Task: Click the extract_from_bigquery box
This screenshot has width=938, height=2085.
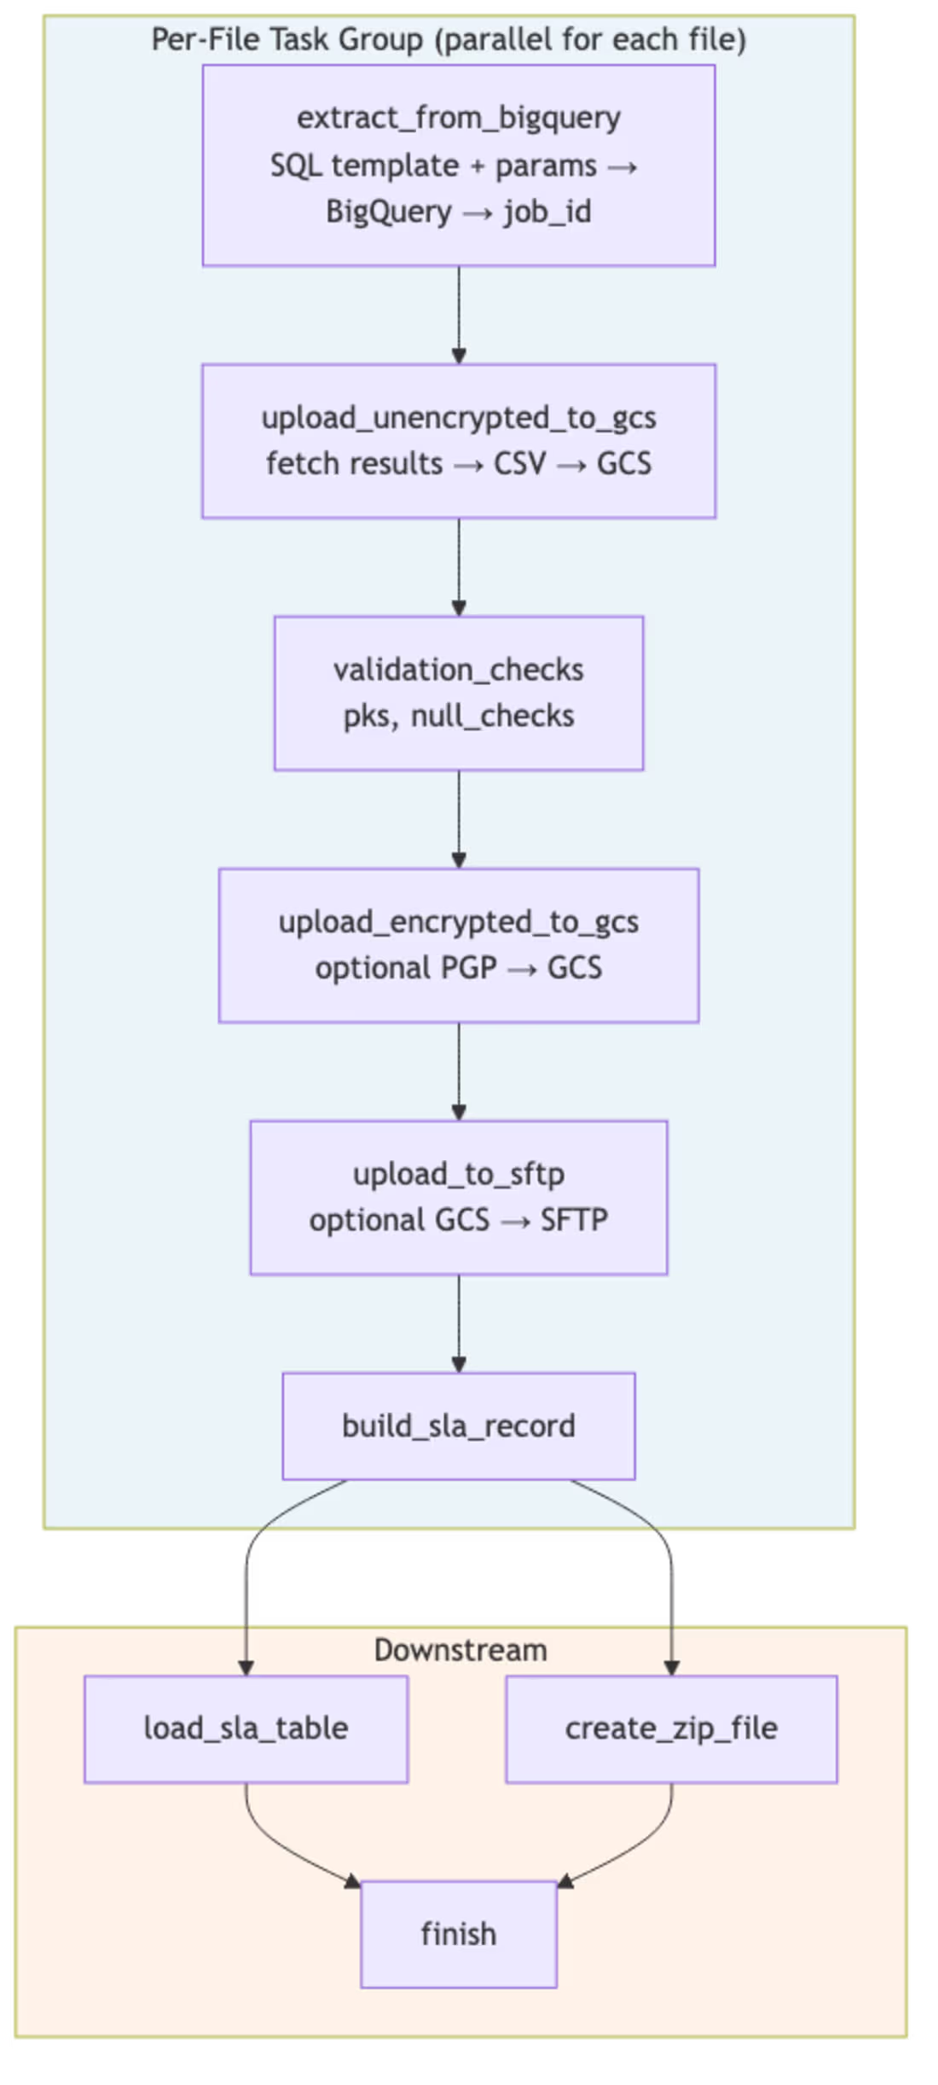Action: coord(459,166)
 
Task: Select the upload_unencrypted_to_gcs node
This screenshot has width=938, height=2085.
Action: coord(459,441)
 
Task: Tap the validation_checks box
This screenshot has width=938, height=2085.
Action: coord(459,693)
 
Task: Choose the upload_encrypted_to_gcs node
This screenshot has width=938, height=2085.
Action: coord(459,945)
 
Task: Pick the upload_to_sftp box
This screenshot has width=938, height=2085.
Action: coord(459,1197)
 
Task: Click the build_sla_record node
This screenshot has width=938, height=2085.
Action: coord(459,1426)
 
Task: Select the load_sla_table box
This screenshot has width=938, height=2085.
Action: coord(246,1729)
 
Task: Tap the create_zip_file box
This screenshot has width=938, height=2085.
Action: coord(671,1729)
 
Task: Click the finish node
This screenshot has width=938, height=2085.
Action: coord(459,1934)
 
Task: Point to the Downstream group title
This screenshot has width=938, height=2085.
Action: coord(460,1650)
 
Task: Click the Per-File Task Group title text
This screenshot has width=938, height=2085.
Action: coord(449,39)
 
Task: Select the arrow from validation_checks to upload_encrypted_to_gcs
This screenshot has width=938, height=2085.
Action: coord(459,819)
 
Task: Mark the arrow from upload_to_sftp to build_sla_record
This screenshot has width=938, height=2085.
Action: coord(459,1322)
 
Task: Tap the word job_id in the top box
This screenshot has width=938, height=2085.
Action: coord(547,212)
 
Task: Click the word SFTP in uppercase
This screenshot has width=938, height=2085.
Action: coord(574,1220)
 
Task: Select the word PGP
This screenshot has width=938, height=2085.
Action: coord(468,968)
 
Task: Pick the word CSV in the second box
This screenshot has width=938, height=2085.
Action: coord(519,463)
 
